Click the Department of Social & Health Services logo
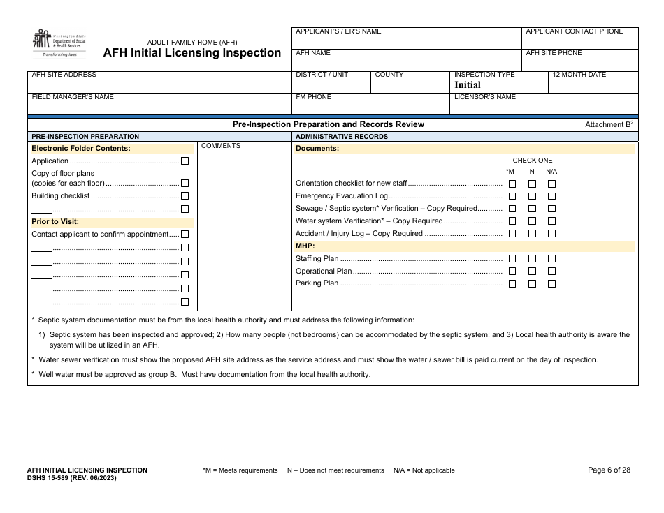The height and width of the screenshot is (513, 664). [x=59, y=43]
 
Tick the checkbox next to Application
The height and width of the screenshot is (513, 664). [x=185, y=161]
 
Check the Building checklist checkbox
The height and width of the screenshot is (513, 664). [x=185, y=196]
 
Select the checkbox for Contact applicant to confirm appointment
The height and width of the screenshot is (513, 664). [x=185, y=235]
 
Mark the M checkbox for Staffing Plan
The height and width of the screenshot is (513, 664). [x=512, y=259]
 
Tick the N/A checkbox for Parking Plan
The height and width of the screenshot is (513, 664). [x=551, y=284]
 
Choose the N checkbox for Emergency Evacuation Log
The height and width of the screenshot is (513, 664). [x=532, y=197]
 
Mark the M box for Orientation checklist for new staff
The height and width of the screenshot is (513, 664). [x=512, y=184]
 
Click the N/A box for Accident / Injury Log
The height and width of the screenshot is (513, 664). [x=551, y=235]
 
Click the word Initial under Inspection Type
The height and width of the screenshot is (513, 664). [x=468, y=84]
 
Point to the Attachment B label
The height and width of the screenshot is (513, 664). [x=608, y=124]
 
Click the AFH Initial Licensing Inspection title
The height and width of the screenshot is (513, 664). [x=192, y=53]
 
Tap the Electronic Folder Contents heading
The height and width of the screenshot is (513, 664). [x=81, y=148]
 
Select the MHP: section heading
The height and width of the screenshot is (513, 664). [x=305, y=246]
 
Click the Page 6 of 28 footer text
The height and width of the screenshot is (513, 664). [x=609, y=470]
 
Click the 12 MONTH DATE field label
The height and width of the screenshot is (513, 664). [x=579, y=75]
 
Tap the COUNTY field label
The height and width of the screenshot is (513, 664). [x=389, y=75]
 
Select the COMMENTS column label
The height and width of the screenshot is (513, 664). [x=221, y=146]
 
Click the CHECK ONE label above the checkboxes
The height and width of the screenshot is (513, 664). [x=532, y=161]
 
